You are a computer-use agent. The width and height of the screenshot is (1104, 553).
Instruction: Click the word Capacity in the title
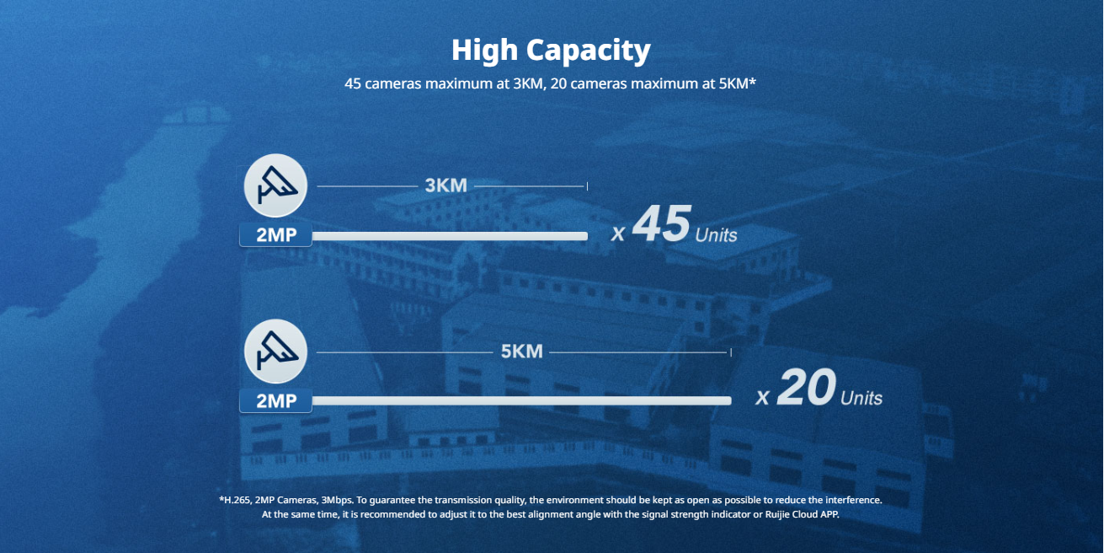(589, 51)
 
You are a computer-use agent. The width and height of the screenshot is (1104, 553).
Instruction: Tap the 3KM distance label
(446, 185)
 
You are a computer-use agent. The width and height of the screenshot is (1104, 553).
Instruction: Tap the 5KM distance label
(521, 352)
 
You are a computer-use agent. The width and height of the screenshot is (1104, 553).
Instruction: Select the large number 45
(661, 223)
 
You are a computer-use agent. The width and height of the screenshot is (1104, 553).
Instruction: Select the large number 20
(806, 387)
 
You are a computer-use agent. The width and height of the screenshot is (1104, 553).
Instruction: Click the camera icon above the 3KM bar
(275, 185)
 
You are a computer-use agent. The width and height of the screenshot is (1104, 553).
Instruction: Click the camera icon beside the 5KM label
(275, 352)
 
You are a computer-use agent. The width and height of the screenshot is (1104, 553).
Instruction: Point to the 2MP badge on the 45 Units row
(276, 235)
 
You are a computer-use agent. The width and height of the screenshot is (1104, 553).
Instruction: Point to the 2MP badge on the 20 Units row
(276, 400)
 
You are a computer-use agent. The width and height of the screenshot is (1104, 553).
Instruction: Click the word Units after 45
(716, 235)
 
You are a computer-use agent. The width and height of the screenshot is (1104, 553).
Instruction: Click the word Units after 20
(861, 398)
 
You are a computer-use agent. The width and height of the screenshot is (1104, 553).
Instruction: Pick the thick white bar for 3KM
(450, 236)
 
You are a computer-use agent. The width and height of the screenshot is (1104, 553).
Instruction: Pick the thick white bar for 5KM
(522, 400)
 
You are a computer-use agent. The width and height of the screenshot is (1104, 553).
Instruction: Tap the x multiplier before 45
(617, 234)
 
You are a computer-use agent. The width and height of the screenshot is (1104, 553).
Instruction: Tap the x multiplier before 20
(762, 397)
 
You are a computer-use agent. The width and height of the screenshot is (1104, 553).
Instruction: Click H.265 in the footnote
(237, 500)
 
